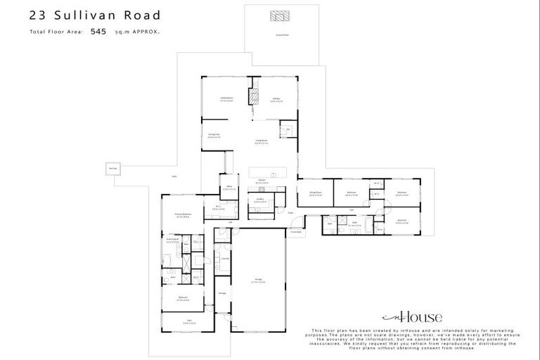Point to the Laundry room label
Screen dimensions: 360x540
pyautogui.click(x=224, y=258)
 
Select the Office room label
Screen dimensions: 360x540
pyautogui.click(x=229, y=187)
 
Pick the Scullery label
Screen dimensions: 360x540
pyautogui.click(x=259, y=200)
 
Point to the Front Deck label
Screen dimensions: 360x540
pyautogui.click(x=297, y=231)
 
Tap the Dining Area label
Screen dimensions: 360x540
pyautogui.click(x=214, y=135)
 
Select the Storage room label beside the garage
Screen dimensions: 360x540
pyautogui.click(x=221, y=293)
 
